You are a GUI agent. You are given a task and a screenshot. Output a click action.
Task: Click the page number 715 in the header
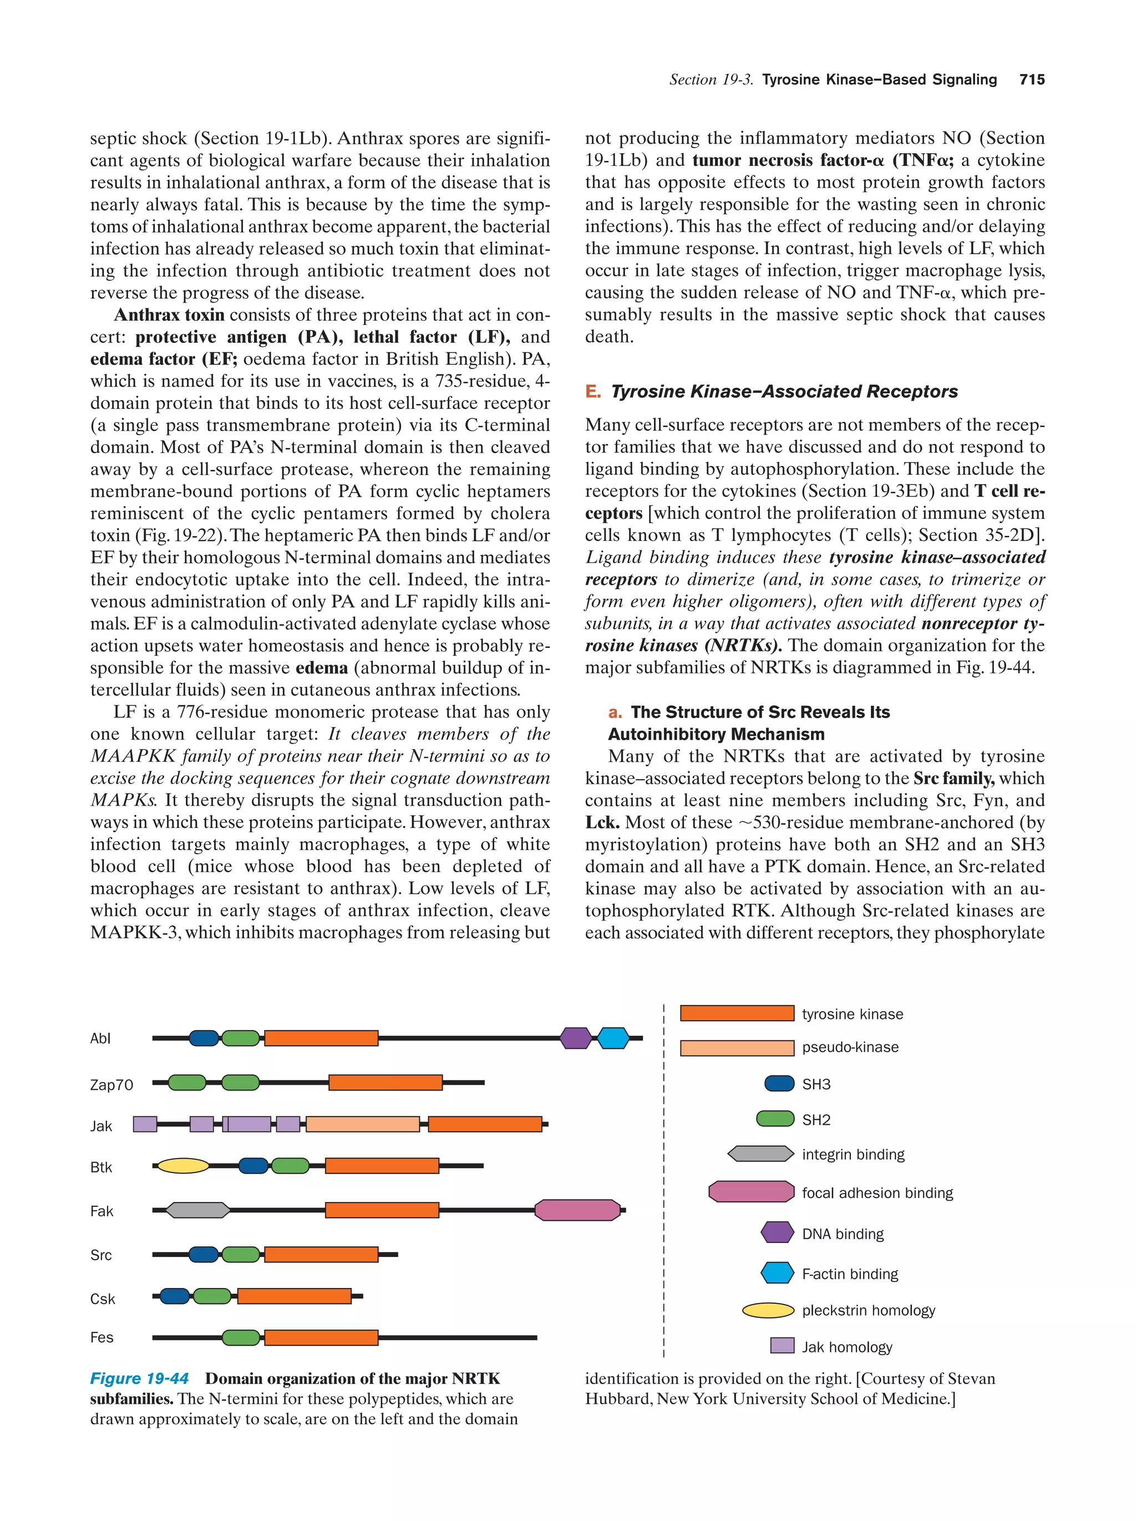point(1032,80)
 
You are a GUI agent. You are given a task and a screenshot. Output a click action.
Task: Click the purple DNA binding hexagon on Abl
point(575,1038)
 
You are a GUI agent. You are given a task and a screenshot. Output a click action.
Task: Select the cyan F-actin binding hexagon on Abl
point(612,1038)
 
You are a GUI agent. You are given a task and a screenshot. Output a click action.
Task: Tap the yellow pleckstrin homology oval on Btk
point(183,1165)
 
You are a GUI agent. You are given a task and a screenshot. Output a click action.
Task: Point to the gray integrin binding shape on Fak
point(198,1210)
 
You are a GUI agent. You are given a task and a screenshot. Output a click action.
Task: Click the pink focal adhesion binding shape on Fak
point(577,1210)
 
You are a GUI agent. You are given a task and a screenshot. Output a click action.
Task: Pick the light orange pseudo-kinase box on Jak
point(362,1124)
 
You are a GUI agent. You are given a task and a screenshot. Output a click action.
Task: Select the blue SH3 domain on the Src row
point(204,1254)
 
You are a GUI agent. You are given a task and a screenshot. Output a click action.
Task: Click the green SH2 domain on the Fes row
point(241,1337)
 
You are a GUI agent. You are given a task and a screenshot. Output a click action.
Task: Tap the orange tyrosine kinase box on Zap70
point(385,1082)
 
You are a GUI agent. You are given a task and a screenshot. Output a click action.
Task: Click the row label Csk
point(103,1299)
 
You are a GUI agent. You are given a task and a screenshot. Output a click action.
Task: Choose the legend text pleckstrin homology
point(868,1310)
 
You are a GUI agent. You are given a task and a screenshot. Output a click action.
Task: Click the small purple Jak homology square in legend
point(782,1346)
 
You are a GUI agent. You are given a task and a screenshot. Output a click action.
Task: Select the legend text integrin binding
point(853,1155)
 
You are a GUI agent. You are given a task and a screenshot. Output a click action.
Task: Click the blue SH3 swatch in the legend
point(779,1084)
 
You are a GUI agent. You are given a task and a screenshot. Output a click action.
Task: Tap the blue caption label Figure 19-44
point(140,1378)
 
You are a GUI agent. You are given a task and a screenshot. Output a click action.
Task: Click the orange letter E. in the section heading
point(592,392)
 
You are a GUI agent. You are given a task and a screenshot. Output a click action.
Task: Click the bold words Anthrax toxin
point(169,315)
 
